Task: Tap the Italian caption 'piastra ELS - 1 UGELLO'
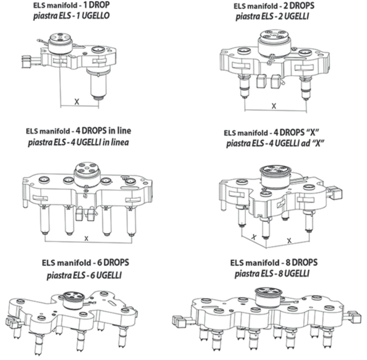point(71,16)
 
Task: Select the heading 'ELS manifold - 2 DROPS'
point(274,6)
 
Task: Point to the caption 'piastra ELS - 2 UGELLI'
point(272,16)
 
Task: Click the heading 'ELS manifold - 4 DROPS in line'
point(78,131)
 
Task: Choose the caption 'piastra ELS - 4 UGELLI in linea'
point(78,142)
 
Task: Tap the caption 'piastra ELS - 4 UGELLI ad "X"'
point(275,143)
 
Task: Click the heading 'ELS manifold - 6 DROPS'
point(85,262)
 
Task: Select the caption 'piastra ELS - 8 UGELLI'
point(272,273)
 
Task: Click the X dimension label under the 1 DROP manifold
point(76,101)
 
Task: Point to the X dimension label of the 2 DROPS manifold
point(274,106)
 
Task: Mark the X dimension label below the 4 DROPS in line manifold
point(86,238)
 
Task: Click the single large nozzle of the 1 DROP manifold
point(99,84)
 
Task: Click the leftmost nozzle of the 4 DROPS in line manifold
point(44,220)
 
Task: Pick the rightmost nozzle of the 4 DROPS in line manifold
point(132,221)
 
